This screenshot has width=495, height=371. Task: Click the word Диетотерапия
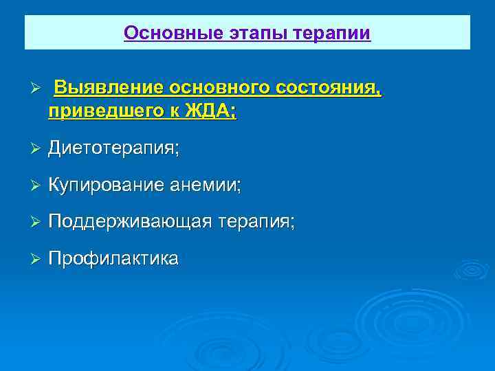pyautogui.click(x=113, y=148)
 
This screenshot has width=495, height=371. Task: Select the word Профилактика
pyautogui.click(x=113, y=259)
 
